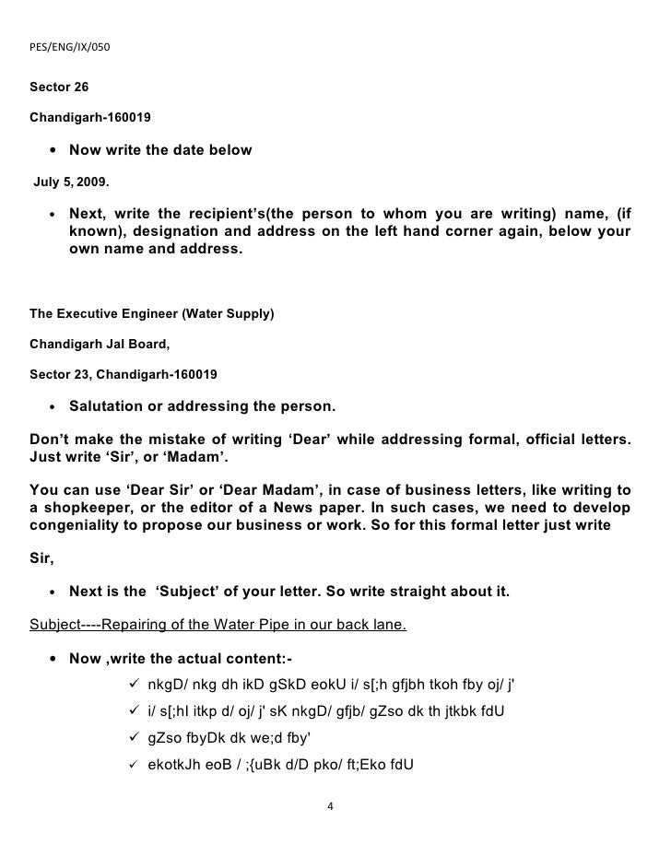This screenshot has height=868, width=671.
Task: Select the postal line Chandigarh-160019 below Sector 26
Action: click(91, 119)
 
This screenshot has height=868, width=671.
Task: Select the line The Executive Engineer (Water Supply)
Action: click(152, 313)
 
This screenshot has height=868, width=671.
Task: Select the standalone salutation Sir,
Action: click(41, 558)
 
